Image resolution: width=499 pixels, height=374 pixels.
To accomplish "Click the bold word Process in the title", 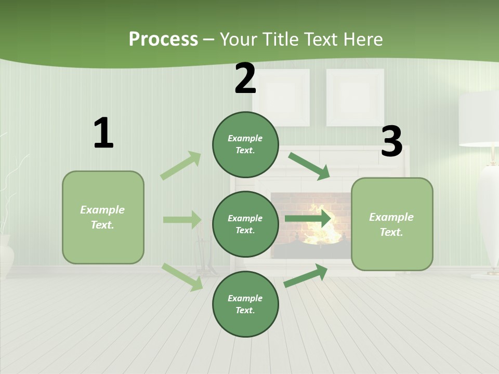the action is point(163,39).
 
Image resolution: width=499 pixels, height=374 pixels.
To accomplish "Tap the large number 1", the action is point(103,133).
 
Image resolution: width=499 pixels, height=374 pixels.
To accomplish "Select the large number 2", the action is point(245,78).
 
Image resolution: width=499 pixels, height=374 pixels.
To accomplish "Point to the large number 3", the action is point(391,141).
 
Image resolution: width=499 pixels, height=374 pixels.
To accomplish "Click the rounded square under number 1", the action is point(103,217).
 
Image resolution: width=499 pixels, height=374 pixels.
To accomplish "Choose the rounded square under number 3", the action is point(392,224).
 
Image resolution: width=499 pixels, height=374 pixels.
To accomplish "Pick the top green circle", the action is point(245,144).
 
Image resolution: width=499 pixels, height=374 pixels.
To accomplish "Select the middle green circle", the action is point(245,224).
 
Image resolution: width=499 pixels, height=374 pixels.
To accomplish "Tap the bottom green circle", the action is point(245,304).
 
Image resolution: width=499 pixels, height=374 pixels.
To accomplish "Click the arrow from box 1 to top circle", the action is point(181,166).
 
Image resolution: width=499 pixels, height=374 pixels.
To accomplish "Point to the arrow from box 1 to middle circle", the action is point(182,220).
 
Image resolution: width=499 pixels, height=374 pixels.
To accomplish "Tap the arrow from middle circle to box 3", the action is point(308,218).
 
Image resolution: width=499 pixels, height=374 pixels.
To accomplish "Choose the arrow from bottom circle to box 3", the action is point(306,275).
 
